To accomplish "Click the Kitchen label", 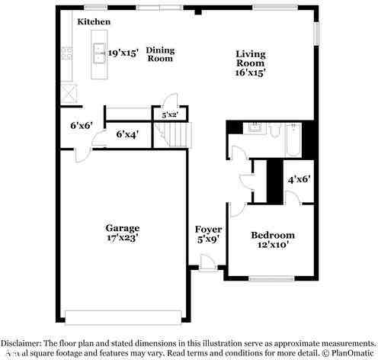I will pyautogui.click(x=94, y=22).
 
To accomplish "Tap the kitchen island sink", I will pyautogui.click(x=100, y=53).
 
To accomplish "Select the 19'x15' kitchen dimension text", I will pyautogui.click(x=123, y=53).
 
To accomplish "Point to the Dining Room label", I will pyautogui.click(x=161, y=54).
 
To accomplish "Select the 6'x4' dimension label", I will pyautogui.click(x=127, y=134).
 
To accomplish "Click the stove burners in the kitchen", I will pyautogui.click(x=66, y=53).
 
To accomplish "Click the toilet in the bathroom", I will pyautogui.click(x=275, y=130).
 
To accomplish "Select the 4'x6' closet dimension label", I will pyautogui.click(x=299, y=180).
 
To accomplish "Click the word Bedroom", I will pyautogui.click(x=272, y=235).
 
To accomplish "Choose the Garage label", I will pyautogui.click(x=122, y=227).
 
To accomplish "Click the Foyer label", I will pyautogui.click(x=208, y=229).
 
